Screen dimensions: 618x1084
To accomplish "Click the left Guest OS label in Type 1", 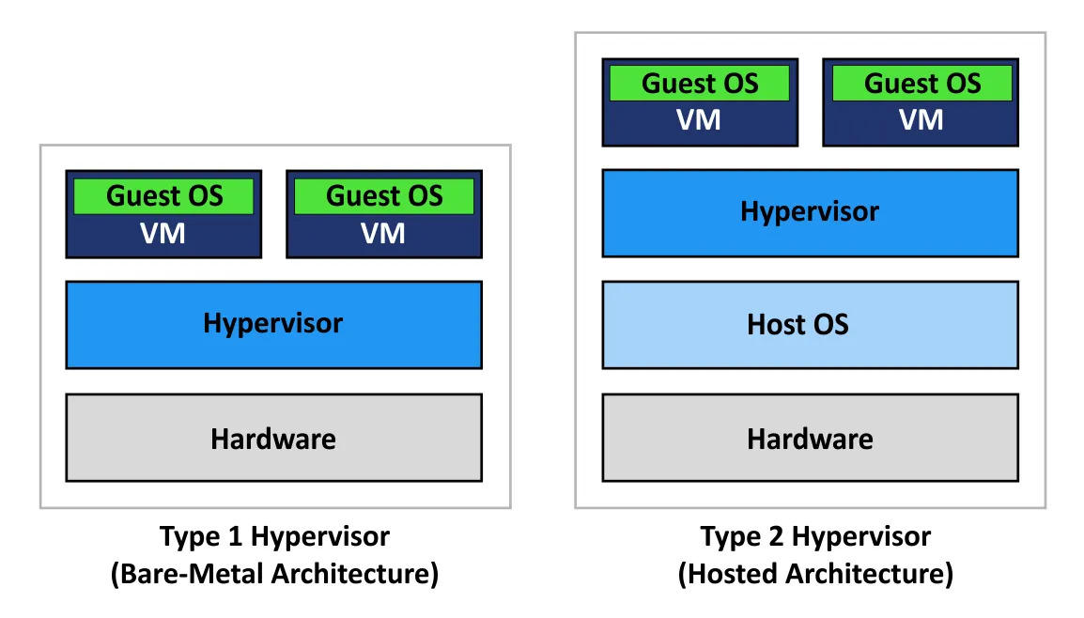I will pos(164,196).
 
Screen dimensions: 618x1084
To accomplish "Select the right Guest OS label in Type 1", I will pos(384,196).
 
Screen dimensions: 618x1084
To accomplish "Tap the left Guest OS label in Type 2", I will pos(700,84).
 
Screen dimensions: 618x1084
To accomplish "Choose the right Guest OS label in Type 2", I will pos(922,84).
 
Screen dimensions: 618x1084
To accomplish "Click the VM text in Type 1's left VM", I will pos(163,233).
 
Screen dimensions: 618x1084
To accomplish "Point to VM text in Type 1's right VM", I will pos(383,233).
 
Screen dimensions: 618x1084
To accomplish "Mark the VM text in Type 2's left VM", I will pos(700,120).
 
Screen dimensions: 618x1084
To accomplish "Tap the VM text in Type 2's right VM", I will pos(921,120).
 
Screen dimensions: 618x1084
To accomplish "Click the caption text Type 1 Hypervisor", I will pos(274,537).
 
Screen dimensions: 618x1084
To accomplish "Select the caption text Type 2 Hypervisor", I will pos(815,537).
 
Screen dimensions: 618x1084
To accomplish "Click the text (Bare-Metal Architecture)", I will pos(274,573).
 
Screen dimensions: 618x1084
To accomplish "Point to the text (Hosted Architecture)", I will pos(815,573).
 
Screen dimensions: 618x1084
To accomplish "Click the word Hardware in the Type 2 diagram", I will pos(810,439).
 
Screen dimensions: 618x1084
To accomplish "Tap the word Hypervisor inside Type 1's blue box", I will pos(273,324).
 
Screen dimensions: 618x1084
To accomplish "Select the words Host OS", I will pos(798,325).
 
